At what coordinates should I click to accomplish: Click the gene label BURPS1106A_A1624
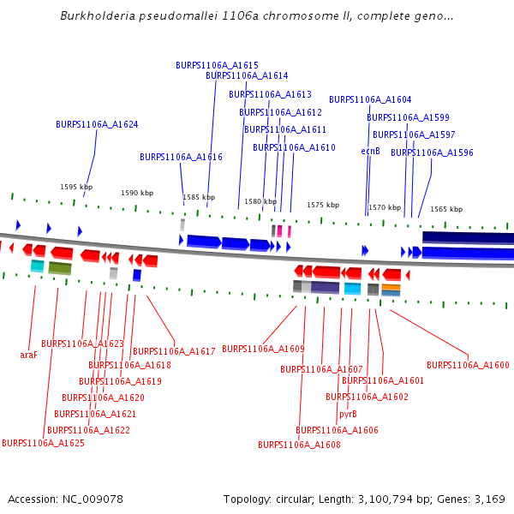coord(97,124)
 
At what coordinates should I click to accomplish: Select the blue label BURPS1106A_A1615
coord(217,65)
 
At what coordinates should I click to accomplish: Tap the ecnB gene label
coord(370,151)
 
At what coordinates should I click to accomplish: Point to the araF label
coord(28,354)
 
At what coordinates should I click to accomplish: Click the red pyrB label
coord(348,414)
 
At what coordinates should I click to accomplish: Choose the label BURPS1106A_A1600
coord(468,365)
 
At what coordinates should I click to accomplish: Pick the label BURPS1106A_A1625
coord(43,443)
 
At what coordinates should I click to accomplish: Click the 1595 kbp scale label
coord(76,187)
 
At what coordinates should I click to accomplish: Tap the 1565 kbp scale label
coord(446,209)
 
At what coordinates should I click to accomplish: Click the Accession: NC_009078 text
coord(65,499)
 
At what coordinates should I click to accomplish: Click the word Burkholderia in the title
coord(95,16)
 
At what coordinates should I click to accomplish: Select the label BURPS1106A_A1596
coord(432,152)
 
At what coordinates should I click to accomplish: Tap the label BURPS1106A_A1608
coord(299,445)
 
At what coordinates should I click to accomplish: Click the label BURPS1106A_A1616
coord(181,157)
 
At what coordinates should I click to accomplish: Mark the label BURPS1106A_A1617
coord(174,351)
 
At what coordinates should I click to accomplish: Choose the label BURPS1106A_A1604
coord(370,99)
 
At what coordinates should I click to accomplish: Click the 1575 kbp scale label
coord(323,206)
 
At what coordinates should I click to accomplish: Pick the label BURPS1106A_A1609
coord(263,349)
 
